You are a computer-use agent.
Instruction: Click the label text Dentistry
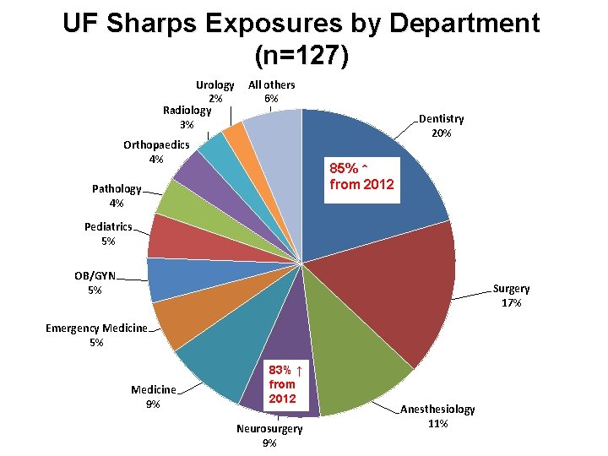click(442, 119)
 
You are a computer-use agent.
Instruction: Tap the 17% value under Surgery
click(511, 302)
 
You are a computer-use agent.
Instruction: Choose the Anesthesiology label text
click(437, 409)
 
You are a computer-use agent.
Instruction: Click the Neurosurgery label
click(269, 429)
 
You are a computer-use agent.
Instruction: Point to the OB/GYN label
click(95, 275)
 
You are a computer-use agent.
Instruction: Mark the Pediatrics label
click(108, 226)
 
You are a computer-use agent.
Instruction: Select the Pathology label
click(117, 189)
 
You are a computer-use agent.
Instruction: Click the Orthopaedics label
click(156, 145)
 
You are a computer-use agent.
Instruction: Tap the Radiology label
click(187, 111)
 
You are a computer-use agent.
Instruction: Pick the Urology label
click(215, 85)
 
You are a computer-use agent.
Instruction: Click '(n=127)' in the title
click(301, 56)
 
